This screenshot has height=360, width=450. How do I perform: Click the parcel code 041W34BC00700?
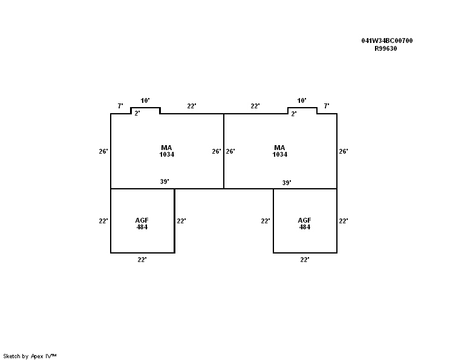click(x=387, y=41)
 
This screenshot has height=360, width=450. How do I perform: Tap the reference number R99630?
click(x=386, y=49)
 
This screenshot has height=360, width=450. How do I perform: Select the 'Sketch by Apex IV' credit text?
click(x=30, y=356)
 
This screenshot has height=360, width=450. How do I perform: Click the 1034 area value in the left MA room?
click(x=167, y=154)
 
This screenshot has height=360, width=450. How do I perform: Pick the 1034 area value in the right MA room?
click(x=280, y=154)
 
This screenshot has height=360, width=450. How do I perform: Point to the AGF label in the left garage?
click(x=142, y=220)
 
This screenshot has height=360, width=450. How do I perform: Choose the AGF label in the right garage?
click(x=304, y=220)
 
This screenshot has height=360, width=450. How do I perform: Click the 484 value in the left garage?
click(x=142, y=227)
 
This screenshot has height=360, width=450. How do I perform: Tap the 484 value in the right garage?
click(x=304, y=227)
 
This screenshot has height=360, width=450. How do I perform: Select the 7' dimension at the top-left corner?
click(x=120, y=106)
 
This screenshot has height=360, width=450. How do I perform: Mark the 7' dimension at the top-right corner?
click(x=327, y=106)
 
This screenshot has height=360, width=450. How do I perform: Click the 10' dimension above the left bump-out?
click(x=145, y=100)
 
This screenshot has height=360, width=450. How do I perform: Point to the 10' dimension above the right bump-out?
click(x=302, y=100)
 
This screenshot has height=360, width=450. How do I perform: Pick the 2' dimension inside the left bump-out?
click(x=137, y=113)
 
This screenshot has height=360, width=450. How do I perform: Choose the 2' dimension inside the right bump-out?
click(x=294, y=114)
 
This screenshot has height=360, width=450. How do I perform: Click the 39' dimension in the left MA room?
click(x=165, y=182)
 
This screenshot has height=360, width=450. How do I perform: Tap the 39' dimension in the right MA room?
click(x=287, y=183)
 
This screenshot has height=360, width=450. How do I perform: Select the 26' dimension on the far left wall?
click(x=103, y=151)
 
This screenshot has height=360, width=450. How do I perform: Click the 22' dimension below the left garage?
click(x=142, y=260)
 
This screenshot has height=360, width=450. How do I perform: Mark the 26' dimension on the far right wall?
click(x=344, y=151)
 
